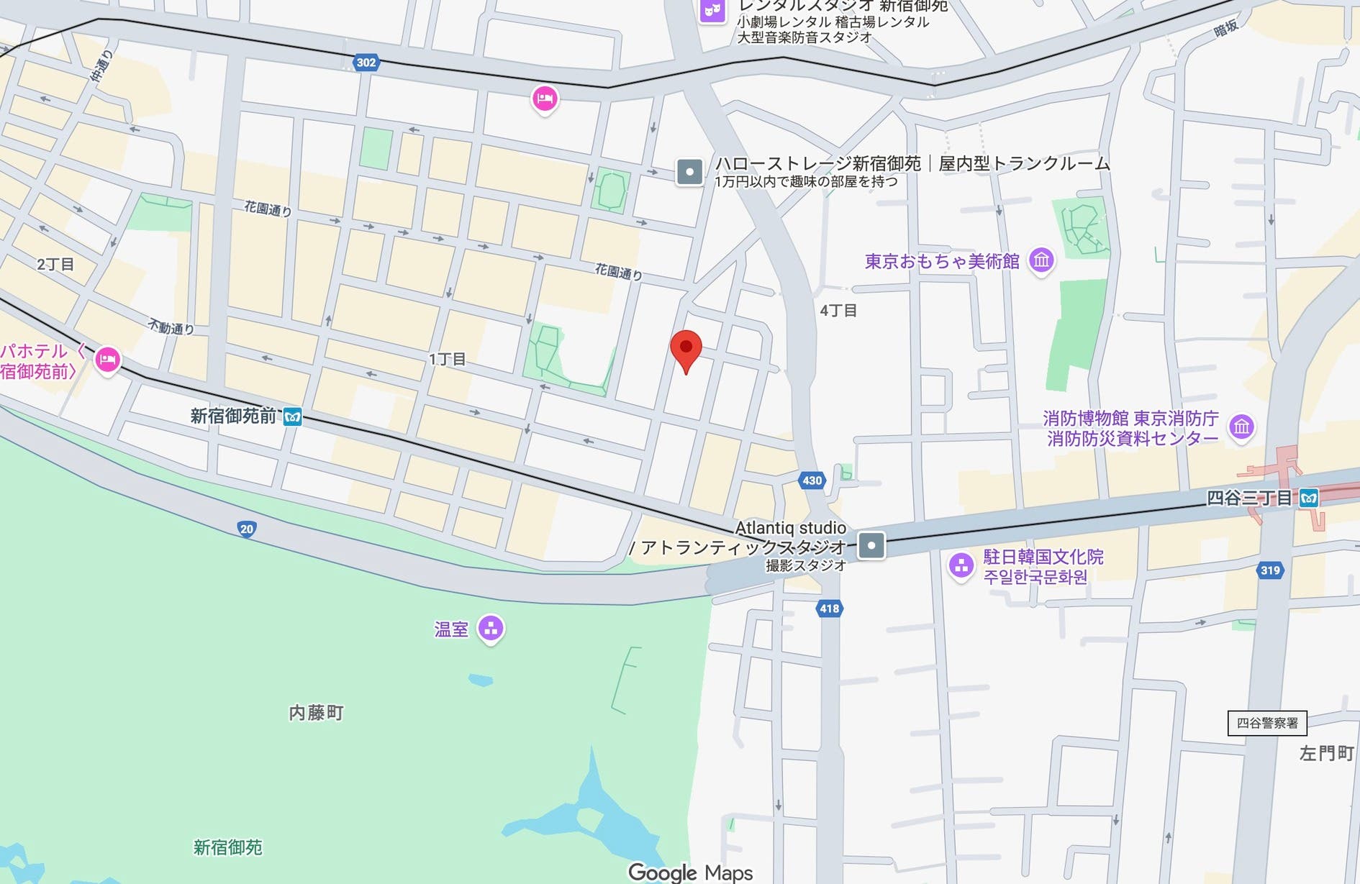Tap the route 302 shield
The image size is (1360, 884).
coord(366,63)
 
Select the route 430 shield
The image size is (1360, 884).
coord(812,480)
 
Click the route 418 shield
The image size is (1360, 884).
coord(829,609)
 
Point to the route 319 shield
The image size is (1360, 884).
coord(1270,570)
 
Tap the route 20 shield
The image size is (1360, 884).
coord(247,529)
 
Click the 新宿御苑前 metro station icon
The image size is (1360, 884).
coord(292,416)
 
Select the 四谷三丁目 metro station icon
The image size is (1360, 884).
coord(1309,498)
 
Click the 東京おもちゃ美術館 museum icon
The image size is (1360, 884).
coord(1041,260)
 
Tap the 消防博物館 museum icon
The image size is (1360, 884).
coord(1241,427)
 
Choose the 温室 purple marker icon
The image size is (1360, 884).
coord(491,629)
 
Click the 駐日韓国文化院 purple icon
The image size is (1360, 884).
coord(961,565)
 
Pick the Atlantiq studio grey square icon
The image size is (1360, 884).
coord(871,545)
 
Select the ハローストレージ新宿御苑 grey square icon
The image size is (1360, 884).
coord(689,172)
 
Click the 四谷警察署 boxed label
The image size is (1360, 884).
coord(1266,723)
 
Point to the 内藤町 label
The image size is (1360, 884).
coord(316,713)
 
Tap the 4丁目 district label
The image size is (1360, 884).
coord(838,311)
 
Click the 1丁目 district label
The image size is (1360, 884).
coord(447,359)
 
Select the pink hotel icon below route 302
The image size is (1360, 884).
coord(545,99)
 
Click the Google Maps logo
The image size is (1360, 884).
coord(690,872)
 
